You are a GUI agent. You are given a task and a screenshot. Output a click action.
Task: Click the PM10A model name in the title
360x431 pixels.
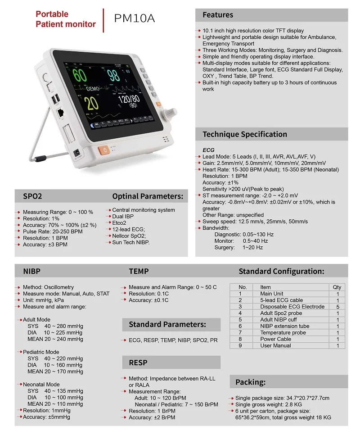pyautogui.click(x=135, y=18)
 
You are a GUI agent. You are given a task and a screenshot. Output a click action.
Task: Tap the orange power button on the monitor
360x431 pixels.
pyautogui.click(x=104, y=150)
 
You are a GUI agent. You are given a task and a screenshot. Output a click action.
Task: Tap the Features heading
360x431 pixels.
pyautogui.click(x=218, y=15)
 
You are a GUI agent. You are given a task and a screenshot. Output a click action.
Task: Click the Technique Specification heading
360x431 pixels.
pyautogui.click(x=244, y=134)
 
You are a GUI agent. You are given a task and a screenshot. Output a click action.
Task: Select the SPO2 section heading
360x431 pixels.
pyautogui.click(x=32, y=196)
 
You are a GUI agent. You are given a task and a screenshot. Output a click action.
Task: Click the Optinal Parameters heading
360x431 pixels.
pyautogui.click(x=148, y=196)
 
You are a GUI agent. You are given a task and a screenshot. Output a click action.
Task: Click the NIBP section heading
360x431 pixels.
pyautogui.click(x=32, y=271)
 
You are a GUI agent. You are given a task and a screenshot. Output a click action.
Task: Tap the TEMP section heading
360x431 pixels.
pyautogui.click(x=139, y=271)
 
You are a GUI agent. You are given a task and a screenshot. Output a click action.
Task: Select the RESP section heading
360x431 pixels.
pyautogui.click(x=138, y=363)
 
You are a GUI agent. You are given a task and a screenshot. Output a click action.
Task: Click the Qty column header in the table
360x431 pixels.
pyautogui.click(x=337, y=287)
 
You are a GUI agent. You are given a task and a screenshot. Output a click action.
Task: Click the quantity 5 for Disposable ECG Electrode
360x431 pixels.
pyautogui.click(x=337, y=307)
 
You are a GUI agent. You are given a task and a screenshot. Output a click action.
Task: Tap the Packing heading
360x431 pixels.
pyautogui.click(x=250, y=382)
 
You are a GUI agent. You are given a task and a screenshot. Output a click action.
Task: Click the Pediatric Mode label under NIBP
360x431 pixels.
pyautogui.click(x=41, y=352)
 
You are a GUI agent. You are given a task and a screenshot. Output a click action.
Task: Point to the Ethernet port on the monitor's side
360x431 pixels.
pyautogui.click(x=60, y=113)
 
